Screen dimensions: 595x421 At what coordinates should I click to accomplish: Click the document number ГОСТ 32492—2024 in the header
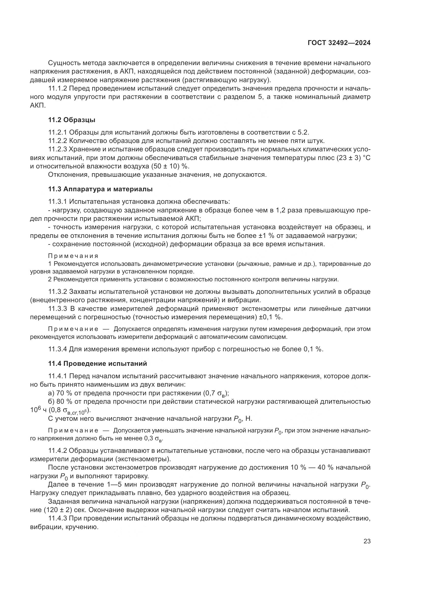pyautogui.click(x=339, y=43)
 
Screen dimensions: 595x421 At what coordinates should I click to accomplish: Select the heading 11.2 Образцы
pyautogui.click(x=72, y=120)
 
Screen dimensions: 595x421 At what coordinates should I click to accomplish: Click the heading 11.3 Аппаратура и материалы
pyautogui.click(x=100, y=189)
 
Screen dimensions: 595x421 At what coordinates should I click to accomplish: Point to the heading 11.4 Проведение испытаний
pyautogui.click(x=97, y=364)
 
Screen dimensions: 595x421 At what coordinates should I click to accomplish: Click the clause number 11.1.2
pyautogui.click(x=58, y=88)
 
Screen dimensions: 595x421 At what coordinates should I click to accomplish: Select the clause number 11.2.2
pyautogui.click(x=58, y=141)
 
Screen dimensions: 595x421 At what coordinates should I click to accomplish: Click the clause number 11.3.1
pyautogui.click(x=58, y=202)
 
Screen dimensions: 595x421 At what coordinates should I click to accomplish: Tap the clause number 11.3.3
pyautogui.click(x=58, y=309)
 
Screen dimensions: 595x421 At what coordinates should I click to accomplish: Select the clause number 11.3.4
pyautogui.click(x=58, y=349)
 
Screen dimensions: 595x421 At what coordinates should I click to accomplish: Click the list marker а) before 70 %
pyautogui.click(x=51, y=393)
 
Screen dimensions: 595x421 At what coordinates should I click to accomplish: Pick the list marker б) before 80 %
pyautogui.click(x=51, y=402)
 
